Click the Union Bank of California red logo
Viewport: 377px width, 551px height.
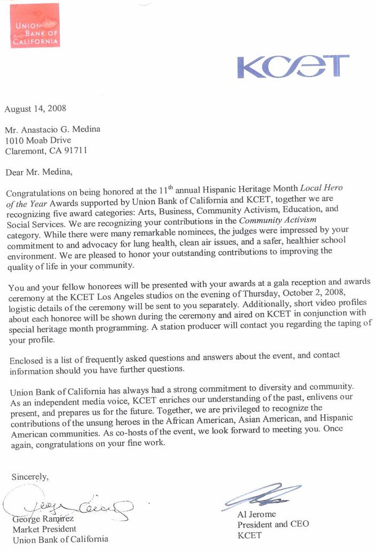35,26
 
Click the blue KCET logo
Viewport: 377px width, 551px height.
293,67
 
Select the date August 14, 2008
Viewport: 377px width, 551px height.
35,108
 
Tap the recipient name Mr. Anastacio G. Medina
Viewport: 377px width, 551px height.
52,129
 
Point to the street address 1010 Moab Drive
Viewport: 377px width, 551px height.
38,140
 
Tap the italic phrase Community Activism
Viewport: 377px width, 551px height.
285,220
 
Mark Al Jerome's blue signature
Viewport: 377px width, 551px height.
262,495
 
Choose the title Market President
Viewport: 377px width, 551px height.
44,529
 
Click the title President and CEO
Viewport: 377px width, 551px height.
273,524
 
